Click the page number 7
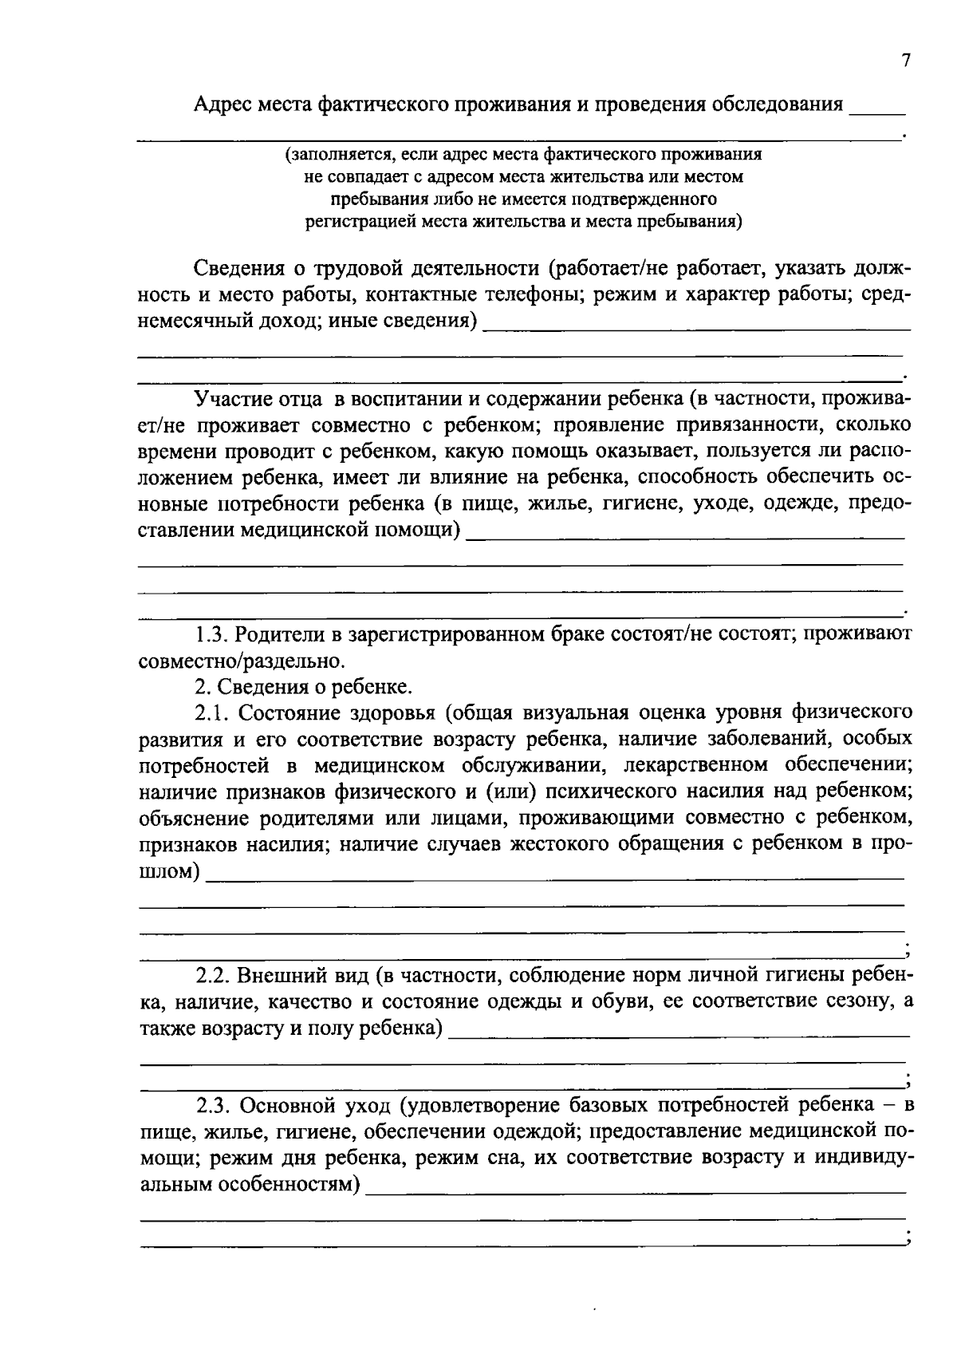click(x=905, y=61)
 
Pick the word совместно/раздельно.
click(x=242, y=661)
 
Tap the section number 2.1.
click(x=212, y=713)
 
